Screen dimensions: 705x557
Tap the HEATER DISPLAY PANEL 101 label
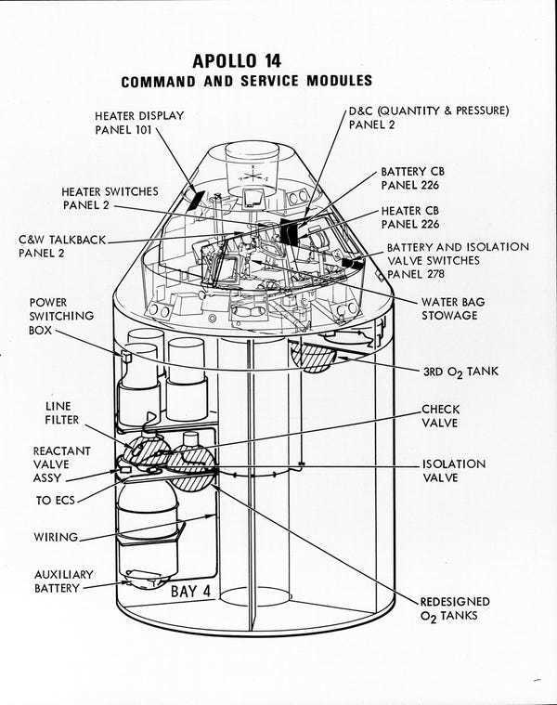(x=138, y=122)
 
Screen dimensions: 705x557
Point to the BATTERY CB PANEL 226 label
(x=419, y=179)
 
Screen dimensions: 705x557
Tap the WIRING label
(x=56, y=537)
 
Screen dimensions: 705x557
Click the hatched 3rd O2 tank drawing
(x=314, y=358)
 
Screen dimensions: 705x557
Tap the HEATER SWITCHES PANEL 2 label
(x=110, y=197)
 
